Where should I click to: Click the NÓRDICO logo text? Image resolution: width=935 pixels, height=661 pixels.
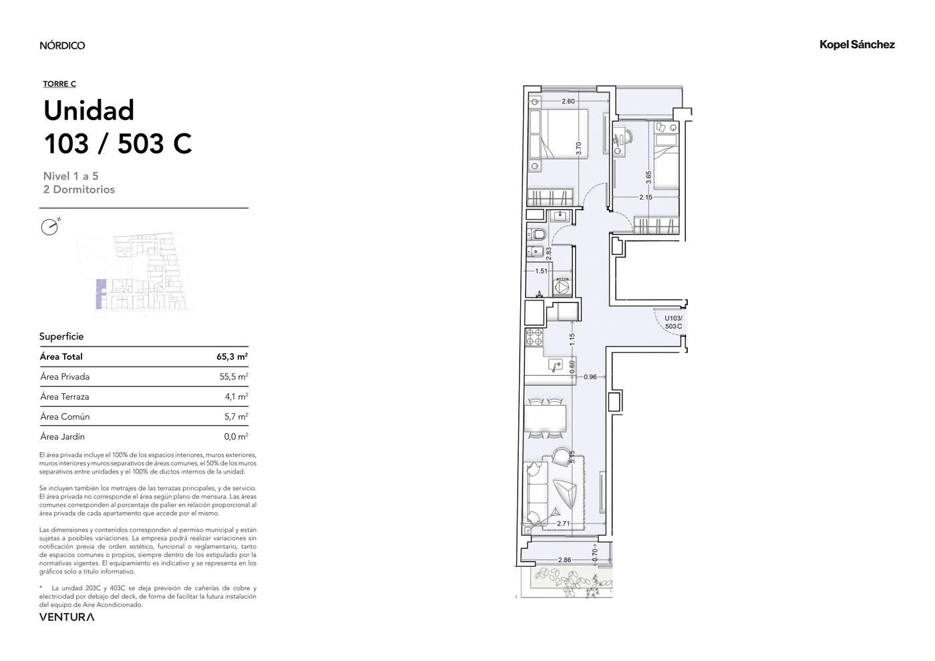(62, 45)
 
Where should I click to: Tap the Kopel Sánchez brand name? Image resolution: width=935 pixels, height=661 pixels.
(857, 45)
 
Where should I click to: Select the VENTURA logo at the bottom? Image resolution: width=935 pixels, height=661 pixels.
(67, 617)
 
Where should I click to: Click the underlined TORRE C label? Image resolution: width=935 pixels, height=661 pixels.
(59, 84)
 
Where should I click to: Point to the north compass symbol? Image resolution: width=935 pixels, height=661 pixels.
(50, 226)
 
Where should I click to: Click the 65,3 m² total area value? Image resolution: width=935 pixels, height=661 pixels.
(232, 357)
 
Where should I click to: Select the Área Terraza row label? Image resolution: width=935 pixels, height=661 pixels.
(65, 397)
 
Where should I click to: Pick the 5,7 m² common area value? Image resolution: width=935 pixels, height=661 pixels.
(236, 417)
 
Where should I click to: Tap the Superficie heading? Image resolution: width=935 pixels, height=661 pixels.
(61, 337)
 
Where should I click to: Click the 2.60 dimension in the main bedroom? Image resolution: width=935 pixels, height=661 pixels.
(568, 101)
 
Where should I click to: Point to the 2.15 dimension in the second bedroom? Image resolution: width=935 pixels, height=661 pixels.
(645, 197)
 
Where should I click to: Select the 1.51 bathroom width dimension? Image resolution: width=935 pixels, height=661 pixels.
(541, 271)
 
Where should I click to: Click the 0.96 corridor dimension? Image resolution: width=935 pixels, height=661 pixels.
(590, 377)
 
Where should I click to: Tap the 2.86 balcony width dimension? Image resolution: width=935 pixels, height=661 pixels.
(564, 560)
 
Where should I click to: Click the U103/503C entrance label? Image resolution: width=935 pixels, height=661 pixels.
(673, 322)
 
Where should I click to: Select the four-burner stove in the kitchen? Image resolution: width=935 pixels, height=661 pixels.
(534, 337)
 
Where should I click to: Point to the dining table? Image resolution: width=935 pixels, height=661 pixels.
(545, 419)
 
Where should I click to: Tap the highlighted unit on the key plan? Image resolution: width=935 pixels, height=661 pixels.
(99, 294)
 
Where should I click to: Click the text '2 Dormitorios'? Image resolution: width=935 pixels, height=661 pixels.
(79, 190)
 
